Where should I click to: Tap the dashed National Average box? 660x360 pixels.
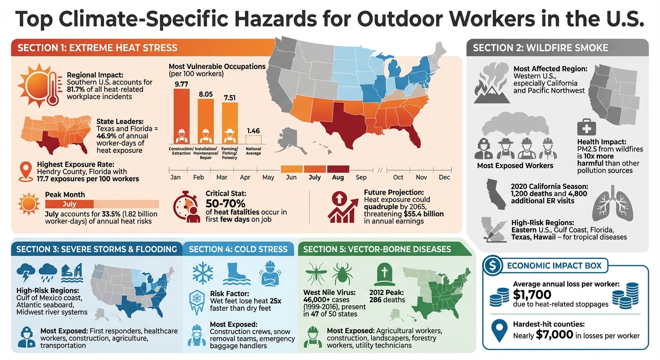tap(253, 140)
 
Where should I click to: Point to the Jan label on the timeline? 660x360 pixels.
tap(175, 178)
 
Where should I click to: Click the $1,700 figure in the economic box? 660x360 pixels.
tap(532, 295)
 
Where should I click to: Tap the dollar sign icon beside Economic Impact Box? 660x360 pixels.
tap(493, 265)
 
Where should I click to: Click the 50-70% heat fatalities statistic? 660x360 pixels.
tap(225, 203)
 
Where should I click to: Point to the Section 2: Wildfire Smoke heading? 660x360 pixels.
tap(540, 48)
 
